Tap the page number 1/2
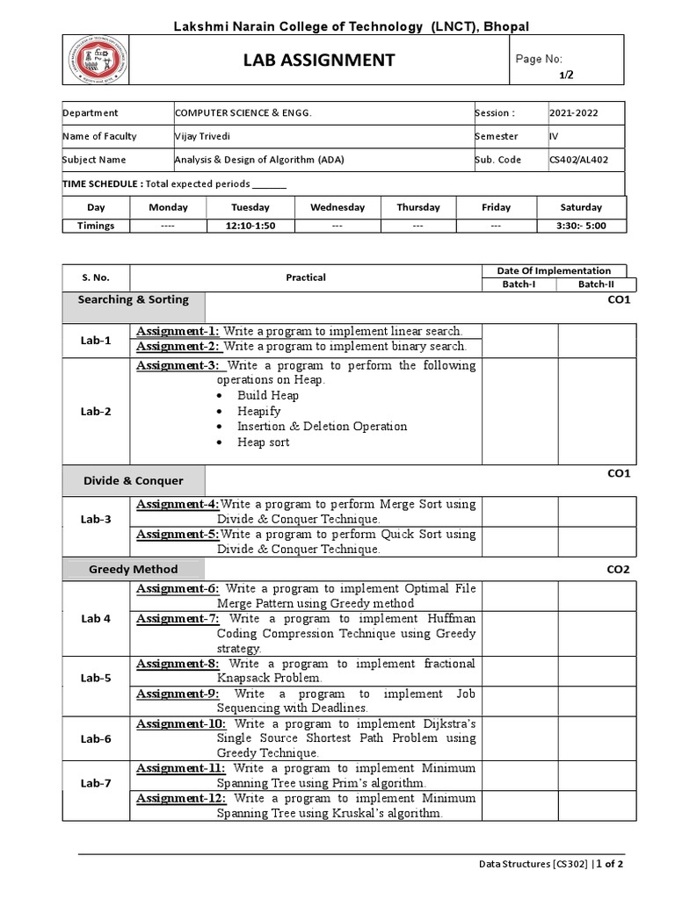[x=566, y=75]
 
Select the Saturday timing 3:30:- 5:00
[x=581, y=226]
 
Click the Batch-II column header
[x=598, y=284]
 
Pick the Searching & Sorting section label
[x=133, y=299]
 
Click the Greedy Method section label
[x=133, y=569]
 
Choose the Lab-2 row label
[x=96, y=411]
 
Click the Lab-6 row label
[x=96, y=738]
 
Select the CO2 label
[x=619, y=569]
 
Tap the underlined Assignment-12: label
[x=182, y=798]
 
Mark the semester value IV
[x=554, y=136]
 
